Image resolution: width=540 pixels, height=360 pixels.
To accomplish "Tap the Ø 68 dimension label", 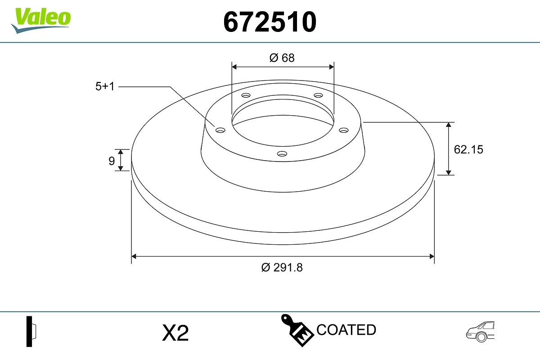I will coord(282,58).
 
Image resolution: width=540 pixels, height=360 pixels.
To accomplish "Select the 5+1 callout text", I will coord(105,86).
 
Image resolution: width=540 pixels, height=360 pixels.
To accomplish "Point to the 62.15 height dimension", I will coord(468,149).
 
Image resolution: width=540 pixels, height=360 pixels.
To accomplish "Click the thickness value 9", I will coord(112,161).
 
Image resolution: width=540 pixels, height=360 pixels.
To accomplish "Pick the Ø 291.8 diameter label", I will coord(282,267).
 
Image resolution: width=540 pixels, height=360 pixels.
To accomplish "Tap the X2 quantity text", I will coord(175,333).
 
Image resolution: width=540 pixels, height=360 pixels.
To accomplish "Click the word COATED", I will coord(346,330).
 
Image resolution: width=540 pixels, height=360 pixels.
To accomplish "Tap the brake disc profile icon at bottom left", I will coord(31,331).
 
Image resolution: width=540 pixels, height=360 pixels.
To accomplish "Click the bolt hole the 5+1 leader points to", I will coord(220,130).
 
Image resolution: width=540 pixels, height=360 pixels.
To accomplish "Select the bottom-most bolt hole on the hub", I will coord(282,154).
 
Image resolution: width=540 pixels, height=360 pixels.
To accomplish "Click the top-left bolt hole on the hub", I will coord(246,95).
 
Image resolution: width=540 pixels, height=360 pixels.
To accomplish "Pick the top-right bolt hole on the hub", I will coord(319,95).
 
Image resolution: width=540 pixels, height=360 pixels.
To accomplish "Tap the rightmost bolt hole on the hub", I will coord(344,130).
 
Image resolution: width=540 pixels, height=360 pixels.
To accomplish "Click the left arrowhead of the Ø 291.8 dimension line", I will coord(134,256).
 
